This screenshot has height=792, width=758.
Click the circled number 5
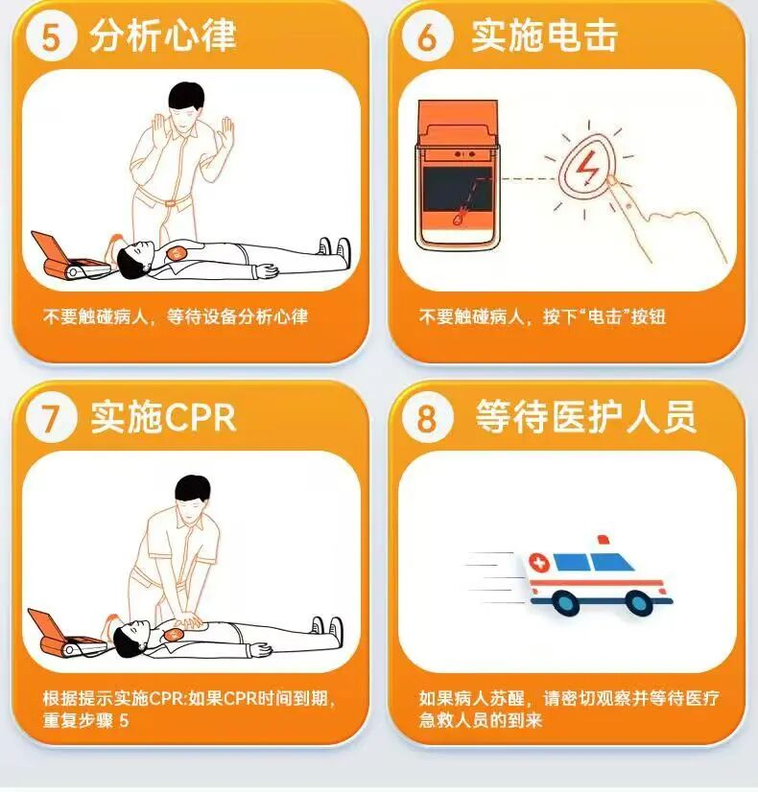[x=52, y=36]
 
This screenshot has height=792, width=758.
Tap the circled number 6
[x=428, y=36]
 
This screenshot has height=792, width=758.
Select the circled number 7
[x=52, y=418]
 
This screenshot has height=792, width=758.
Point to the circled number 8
[x=428, y=418]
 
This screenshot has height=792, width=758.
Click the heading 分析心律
[x=163, y=35]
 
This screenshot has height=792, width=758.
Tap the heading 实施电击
[x=544, y=35]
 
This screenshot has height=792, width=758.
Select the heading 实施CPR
[x=163, y=418]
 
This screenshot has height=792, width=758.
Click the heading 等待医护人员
[x=585, y=418]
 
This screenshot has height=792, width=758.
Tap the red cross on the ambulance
[x=540, y=563]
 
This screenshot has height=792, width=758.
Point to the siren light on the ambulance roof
[x=603, y=540]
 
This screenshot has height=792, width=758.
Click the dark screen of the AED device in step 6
[x=458, y=190]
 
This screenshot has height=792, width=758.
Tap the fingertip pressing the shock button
[x=612, y=181]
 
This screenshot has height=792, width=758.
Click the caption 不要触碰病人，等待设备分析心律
[x=176, y=316]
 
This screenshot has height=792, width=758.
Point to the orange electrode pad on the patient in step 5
[x=177, y=253]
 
